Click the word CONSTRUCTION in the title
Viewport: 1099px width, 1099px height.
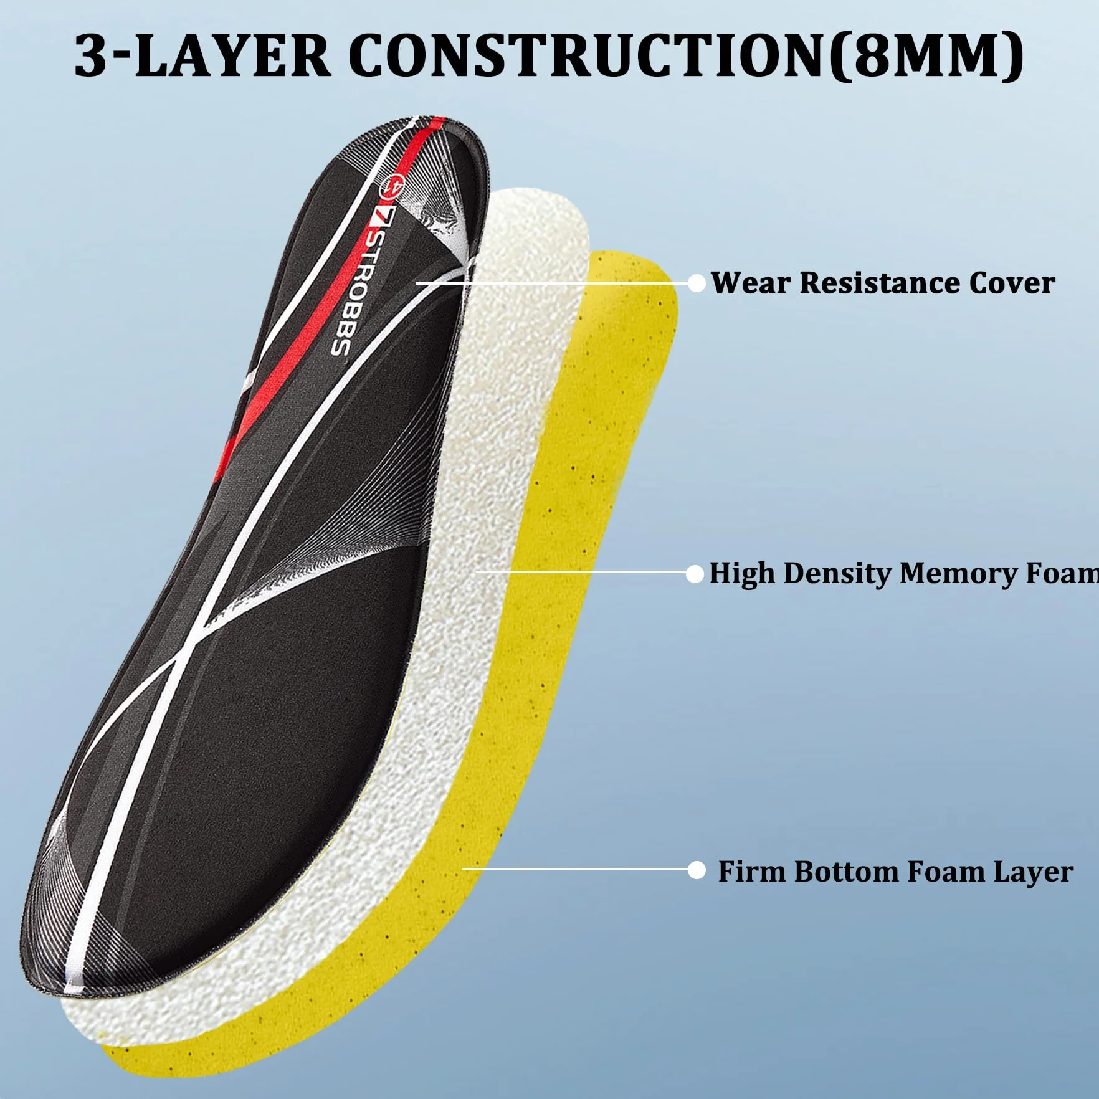[588, 56]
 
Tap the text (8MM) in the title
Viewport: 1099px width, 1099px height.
[927, 56]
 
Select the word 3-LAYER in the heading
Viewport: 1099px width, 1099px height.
[202, 56]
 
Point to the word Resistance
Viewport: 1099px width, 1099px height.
[879, 283]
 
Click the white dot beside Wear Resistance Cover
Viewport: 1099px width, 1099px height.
[697, 283]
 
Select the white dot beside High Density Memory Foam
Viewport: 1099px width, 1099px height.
[695, 574]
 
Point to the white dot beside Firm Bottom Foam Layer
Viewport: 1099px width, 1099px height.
[697, 870]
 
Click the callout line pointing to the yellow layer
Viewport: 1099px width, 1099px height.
[575, 868]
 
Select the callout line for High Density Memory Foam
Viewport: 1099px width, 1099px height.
[581, 572]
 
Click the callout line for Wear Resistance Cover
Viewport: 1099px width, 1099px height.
[552, 283]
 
